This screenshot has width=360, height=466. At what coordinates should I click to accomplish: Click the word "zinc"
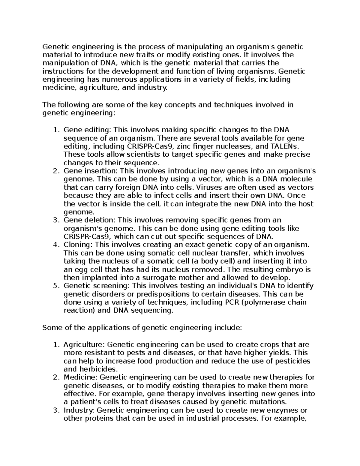184,146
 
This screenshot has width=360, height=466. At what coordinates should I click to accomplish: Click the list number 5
55,286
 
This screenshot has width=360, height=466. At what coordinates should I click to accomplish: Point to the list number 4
55,245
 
